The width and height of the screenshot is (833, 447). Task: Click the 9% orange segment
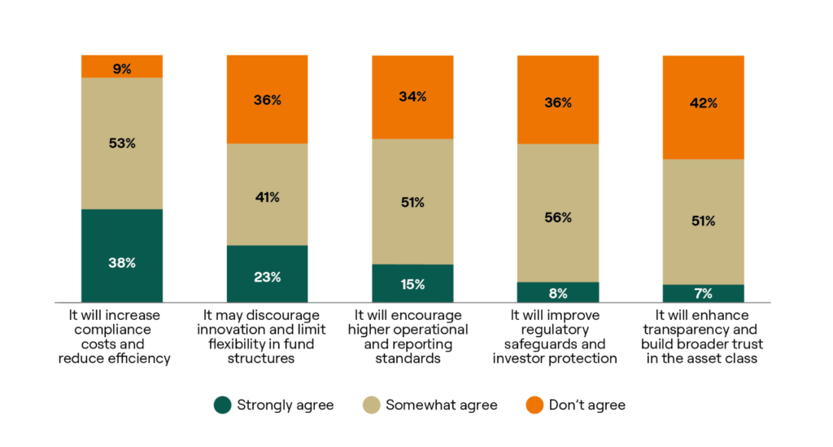click(x=122, y=66)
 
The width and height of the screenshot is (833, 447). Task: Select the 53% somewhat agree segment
click(x=122, y=143)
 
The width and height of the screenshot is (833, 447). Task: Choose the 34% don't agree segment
click(x=412, y=97)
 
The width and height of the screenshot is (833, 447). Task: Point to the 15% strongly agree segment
click(x=412, y=283)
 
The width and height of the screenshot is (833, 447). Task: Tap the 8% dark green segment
click(x=558, y=292)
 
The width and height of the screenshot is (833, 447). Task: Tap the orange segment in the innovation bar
click(x=267, y=99)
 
